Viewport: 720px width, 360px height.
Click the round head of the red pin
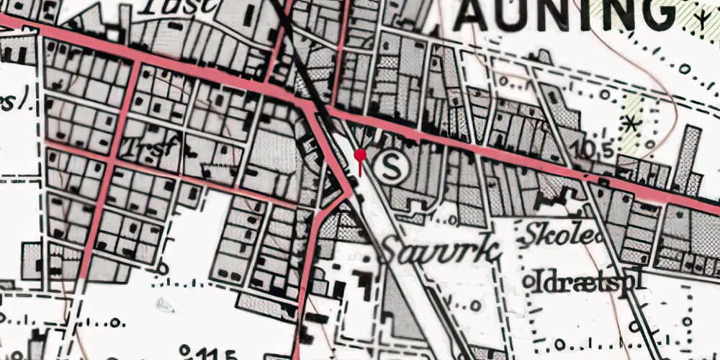click(360, 154)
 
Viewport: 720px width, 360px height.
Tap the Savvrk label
click(438, 253)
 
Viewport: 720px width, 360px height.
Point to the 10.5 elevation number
click(595, 150)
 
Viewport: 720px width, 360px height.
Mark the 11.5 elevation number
click(213, 354)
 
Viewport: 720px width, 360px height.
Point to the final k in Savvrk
click(489, 251)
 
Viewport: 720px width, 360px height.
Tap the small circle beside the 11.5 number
click(185, 351)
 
